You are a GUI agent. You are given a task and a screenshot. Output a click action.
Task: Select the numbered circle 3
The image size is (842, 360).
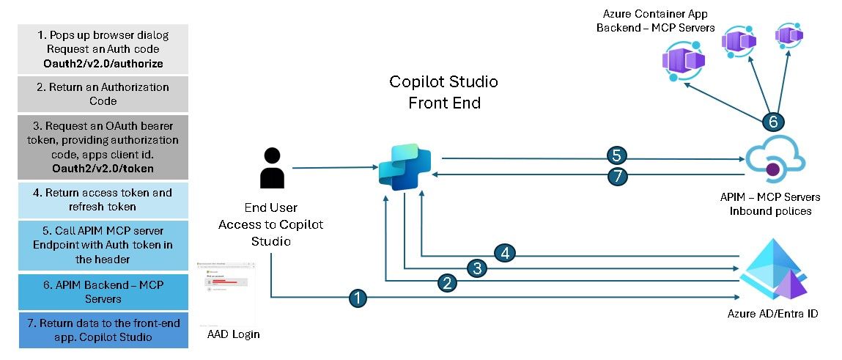[x=477, y=268]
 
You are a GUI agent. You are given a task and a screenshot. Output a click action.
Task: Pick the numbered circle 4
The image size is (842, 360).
[x=505, y=254]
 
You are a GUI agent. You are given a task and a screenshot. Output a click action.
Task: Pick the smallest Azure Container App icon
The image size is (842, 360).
[x=789, y=35]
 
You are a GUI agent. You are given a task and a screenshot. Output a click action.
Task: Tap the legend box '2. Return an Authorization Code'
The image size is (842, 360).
[x=103, y=94]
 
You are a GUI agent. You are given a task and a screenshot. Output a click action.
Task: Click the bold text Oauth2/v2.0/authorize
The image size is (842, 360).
[x=103, y=64]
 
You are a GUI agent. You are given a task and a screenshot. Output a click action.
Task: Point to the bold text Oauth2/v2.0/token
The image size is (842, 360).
[x=103, y=168]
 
